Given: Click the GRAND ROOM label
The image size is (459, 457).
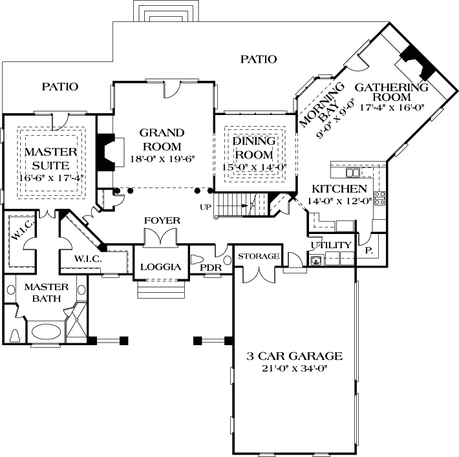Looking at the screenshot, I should tap(161, 139).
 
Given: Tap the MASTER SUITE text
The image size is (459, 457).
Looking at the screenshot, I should tap(50, 158).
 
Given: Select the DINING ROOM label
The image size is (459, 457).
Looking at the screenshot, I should tap(253, 148).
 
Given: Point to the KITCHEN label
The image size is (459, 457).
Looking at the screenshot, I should tap(339, 189).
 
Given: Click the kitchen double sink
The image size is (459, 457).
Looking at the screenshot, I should tap(353, 173).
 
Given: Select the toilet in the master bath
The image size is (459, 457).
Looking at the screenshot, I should tap(15, 335).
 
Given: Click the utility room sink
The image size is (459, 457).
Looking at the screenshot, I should tap(317, 260).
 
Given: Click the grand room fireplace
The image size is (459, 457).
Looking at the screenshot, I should tap(105, 153).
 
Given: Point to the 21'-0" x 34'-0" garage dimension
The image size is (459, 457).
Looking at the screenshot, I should tap(294, 368).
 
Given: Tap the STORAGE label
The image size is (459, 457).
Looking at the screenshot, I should tap(259, 257).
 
